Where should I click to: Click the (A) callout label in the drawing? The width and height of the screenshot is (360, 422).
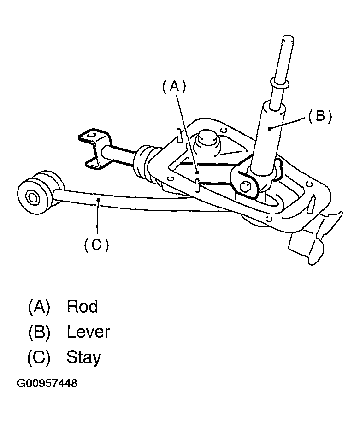point(173,86)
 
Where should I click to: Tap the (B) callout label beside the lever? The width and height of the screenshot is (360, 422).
point(320,116)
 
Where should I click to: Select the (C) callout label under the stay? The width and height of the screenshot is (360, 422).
point(96,245)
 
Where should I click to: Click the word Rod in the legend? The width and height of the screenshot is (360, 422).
point(82,306)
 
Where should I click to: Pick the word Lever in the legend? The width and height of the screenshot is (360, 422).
point(88,332)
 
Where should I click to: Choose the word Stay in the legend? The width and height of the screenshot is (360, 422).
point(83,357)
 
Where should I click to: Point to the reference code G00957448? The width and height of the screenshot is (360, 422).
point(47,384)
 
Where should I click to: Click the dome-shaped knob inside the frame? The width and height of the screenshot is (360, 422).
point(207,140)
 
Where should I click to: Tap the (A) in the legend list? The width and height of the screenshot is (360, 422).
point(39,306)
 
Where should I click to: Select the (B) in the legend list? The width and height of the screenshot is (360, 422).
point(39,332)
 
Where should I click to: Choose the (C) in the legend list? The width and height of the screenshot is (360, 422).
point(39,357)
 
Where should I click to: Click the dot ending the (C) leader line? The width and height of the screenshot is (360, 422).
point(98,199)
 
